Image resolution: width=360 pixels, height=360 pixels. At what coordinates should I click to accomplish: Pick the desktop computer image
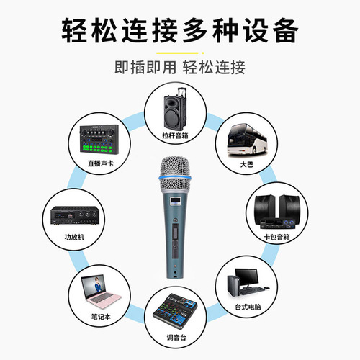[x=248, y=285]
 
